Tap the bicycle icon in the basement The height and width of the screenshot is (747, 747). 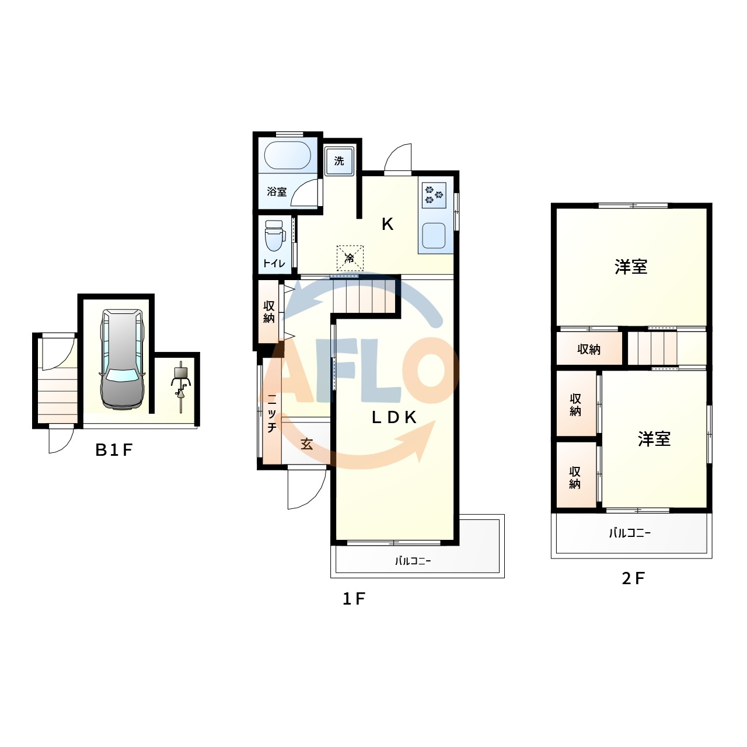coord(181,387)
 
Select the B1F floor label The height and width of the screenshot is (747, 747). coord(114,450)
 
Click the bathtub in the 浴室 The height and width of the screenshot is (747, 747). coord(287,155)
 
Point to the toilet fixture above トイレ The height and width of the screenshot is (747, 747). coord(274,235)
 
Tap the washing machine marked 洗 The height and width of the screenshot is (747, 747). coord(339,161)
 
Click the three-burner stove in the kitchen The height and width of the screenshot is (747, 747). coord(434,195)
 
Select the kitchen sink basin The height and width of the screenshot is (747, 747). coord(434,235)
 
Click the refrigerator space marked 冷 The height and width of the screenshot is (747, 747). coord(350,258)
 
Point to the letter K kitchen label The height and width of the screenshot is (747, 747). coord(388,224)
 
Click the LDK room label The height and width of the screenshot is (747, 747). coord(395,417)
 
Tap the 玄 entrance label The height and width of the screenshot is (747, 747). coord(306,444)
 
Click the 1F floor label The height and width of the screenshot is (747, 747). coord(354,599)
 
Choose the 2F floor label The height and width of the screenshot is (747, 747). coord(633,578)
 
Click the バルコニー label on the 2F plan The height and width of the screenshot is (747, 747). coord(630,533)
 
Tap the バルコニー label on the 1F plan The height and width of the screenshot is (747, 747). coord(413,560)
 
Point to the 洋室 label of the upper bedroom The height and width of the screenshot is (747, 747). coord(631,267)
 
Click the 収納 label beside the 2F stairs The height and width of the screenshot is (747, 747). coord(589,349)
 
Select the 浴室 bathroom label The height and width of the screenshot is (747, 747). coord(277,191)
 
